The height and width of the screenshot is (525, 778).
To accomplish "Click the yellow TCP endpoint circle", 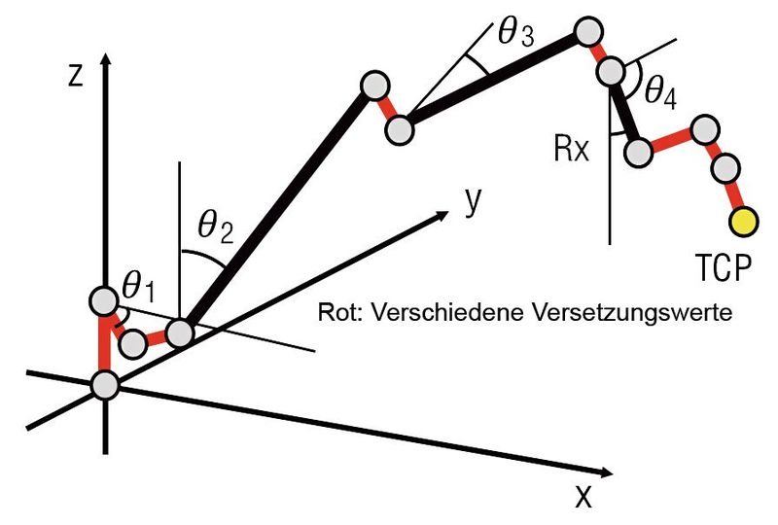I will [x=743, y=222].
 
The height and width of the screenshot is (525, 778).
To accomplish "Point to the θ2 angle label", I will [x=213, y=227].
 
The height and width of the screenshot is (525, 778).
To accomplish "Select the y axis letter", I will [x=475, y=200].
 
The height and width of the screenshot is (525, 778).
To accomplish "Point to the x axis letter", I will [x=583, y=497].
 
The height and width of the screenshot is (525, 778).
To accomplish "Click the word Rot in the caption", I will [x=333, y=315].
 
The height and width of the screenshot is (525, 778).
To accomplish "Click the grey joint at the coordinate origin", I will [x=105, y=385].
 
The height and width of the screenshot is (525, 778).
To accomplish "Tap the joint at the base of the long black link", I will [x=181, y=333].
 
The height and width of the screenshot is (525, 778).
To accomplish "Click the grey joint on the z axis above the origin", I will [x=104, y=300].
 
